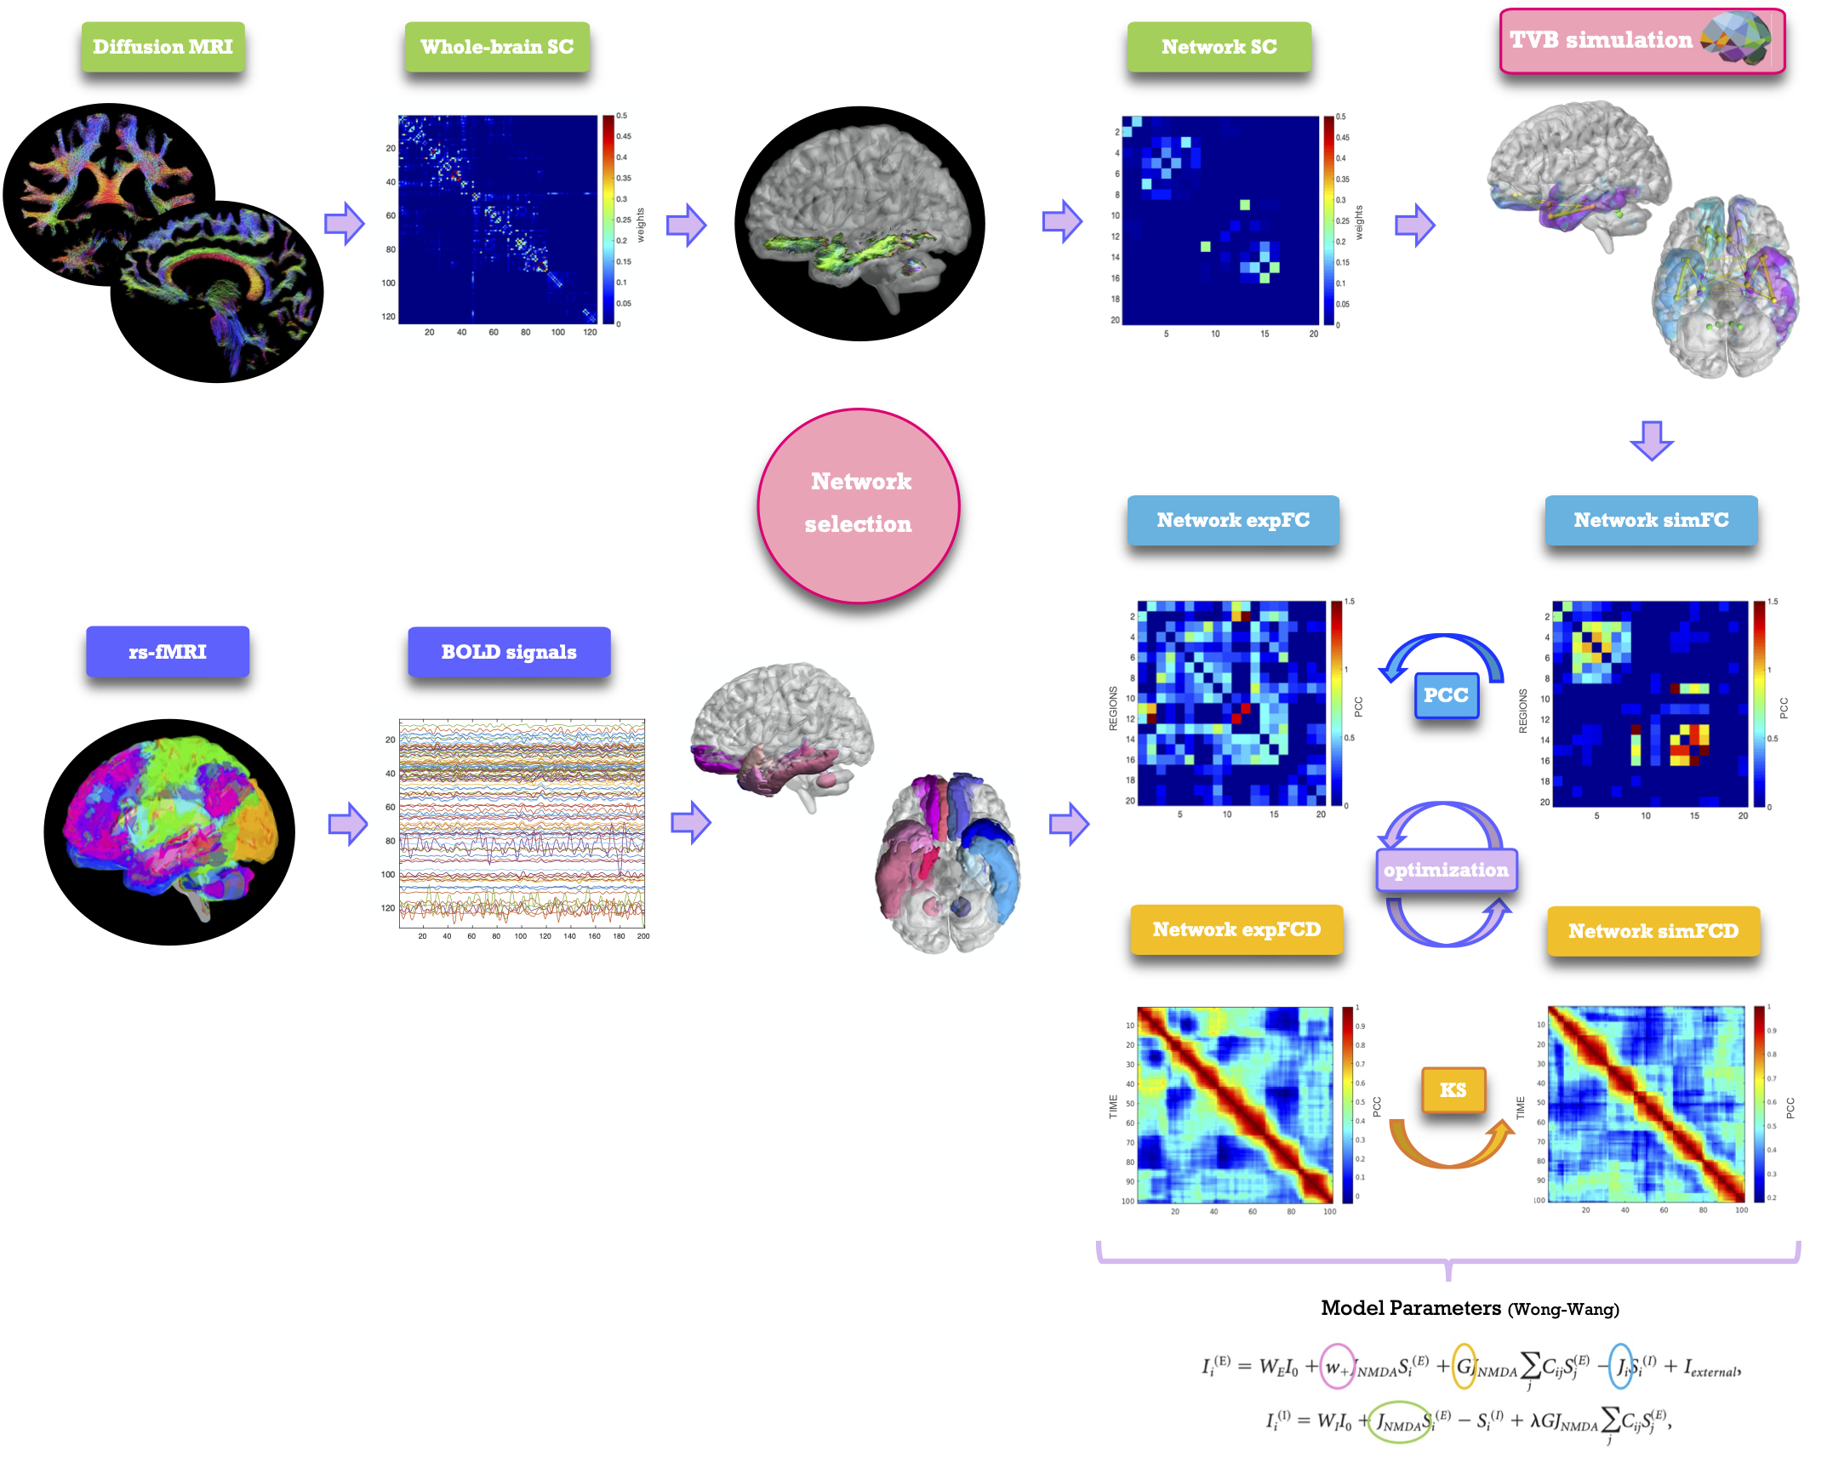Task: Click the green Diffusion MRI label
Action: tap(163, 47)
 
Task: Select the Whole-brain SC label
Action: tap(497, 47)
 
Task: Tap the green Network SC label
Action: tap(1219, 47)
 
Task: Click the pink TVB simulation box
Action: tap(1642, 41)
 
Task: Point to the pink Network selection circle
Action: tap(859, 506)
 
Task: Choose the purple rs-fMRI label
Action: tap(168, 652)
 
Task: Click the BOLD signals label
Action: tap(509, 652)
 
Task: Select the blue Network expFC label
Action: tap(1233, 520)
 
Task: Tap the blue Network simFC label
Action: tap(1651, 520)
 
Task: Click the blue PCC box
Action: tap(1446, 695)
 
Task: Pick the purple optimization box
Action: tap(1446, 870)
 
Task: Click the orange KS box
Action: tap(1453, 1089)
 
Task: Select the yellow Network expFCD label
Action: tap(1236, 929)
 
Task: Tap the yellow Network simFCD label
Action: tap(1653, 931)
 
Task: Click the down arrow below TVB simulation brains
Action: tap(1652, 439)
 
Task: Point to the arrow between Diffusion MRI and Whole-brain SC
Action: tap(344, 224)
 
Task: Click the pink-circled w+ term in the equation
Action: tap(1337, 1367)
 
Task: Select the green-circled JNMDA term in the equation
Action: tap(1399, 1422)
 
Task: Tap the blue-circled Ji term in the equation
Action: tap(1622, 1367)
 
